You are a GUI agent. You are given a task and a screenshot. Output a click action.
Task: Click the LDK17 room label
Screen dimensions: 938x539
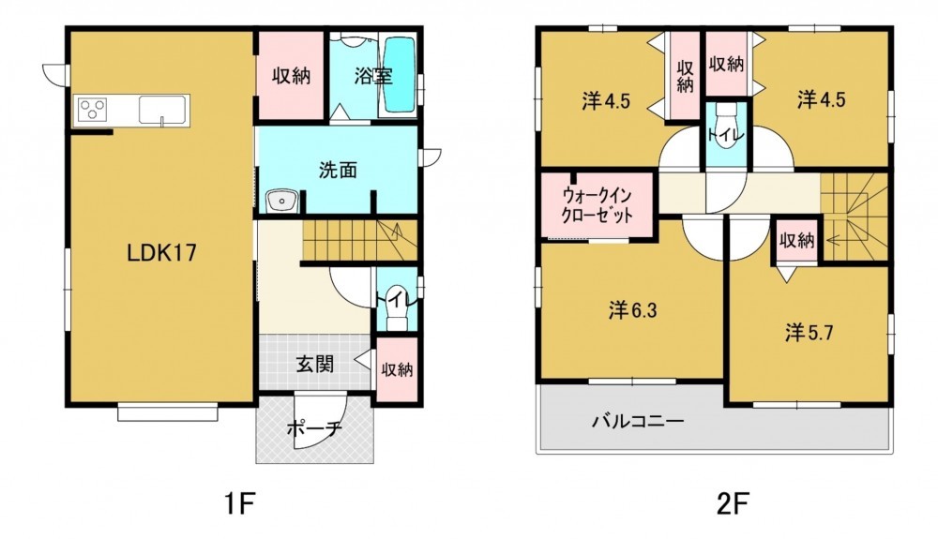coord(161,253)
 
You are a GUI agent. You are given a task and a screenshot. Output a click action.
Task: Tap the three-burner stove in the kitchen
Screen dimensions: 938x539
coord(93,110)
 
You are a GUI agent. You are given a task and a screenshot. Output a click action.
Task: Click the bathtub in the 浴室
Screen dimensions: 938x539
coord(399,74)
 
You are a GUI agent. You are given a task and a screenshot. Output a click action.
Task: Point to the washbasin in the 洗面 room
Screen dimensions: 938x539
coord(281,202)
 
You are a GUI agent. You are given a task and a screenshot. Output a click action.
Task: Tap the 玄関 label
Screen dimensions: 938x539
coord(314,364)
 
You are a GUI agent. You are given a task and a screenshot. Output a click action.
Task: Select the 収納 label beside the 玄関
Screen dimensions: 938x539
coord(397,369)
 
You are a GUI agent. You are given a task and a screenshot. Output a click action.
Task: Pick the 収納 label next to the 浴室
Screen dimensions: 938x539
coord(292,76)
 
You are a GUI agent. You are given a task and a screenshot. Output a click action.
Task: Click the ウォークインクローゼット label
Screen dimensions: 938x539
coord(597,204)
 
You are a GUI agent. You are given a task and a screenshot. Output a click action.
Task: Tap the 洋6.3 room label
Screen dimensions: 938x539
coord(632,310)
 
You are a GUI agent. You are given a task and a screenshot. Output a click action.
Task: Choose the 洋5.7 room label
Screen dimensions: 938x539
coord(809,332)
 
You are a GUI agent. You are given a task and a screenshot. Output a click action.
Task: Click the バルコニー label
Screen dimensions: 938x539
coord(638,422)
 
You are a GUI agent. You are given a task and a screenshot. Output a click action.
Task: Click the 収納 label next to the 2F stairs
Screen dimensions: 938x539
coord(796,241)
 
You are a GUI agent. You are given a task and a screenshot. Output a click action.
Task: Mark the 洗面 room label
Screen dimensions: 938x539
coord(338,171)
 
